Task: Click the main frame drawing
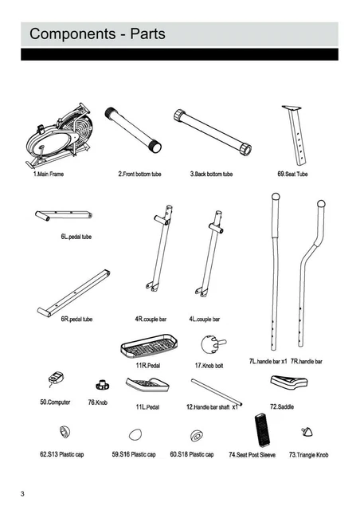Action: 58,136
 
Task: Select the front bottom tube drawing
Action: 133,130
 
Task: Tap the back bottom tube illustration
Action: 213,131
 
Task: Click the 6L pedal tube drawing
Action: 64,215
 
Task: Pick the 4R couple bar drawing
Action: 160,248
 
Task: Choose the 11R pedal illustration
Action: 149,347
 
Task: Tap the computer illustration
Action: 56,379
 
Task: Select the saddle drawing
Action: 289,382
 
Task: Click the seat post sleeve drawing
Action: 262,430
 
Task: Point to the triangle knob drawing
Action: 307,431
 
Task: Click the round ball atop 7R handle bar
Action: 321,204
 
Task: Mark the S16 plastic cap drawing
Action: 135,434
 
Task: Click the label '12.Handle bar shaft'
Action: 208,407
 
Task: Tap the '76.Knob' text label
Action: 97,402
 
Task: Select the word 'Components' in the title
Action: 72,33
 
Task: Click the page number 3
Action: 22,494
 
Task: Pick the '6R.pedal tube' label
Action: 76,319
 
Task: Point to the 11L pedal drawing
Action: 147,384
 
